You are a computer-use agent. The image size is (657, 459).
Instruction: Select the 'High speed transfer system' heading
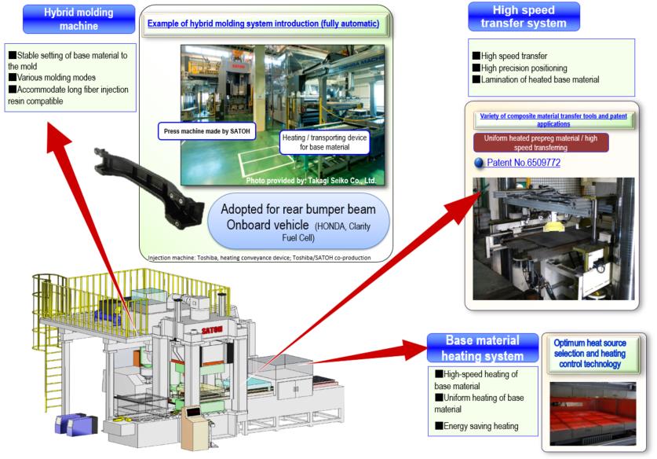click(524, 17)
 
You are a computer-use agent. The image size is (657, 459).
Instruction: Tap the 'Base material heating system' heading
click(482, 348)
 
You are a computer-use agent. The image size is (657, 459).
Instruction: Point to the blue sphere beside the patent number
click(479, 163)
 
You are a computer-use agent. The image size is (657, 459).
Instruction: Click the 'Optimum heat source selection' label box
click(595, 353)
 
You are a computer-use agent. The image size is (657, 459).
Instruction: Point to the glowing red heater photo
click(593, 413)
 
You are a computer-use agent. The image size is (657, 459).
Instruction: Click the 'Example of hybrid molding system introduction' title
click(264, 24)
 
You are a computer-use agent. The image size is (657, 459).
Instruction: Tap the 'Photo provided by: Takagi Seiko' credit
click(311, 181)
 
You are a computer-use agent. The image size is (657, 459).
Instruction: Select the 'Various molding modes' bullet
click(54, 78)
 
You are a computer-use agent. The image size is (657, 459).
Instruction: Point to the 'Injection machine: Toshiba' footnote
click(259, 256)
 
